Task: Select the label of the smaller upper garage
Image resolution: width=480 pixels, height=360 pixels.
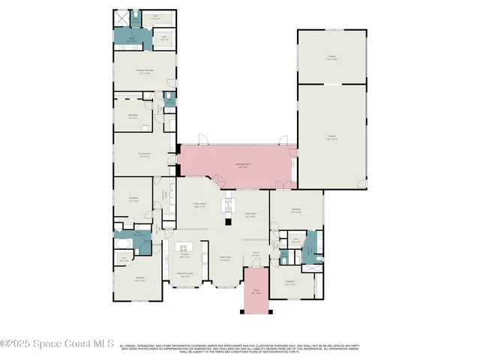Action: click(x=331, y=58)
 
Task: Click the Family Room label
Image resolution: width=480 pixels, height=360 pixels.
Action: click(x=199, y=205)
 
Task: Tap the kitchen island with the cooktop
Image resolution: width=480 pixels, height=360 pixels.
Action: click(x=182, y=247)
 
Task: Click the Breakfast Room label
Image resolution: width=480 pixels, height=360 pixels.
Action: click(x=184, y=274)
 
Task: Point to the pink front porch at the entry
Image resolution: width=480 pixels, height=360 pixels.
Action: click(x=256, y=293)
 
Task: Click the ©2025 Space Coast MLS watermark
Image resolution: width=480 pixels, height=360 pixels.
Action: click(x=57, y=345)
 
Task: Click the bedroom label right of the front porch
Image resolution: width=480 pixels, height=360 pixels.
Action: click(x=289, y=283)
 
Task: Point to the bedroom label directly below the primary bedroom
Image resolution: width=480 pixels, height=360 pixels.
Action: click(x=133, y=116)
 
